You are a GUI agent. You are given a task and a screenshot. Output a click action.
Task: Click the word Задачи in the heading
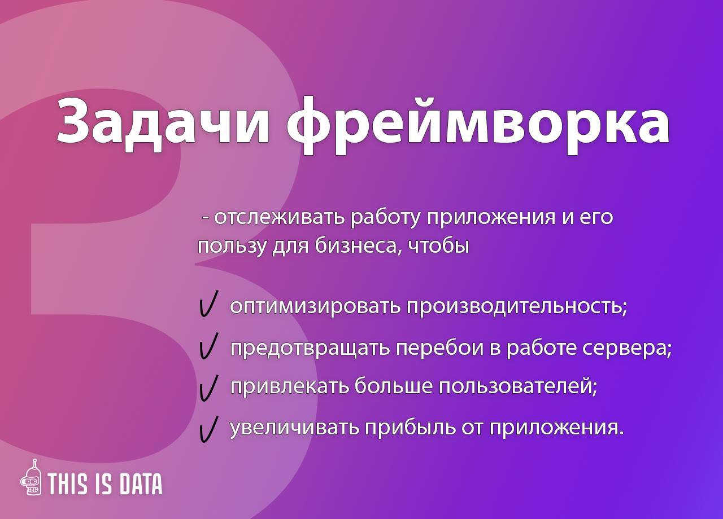[x=163, y=124]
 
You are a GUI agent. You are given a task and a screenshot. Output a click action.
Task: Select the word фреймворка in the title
[x=478, y=126]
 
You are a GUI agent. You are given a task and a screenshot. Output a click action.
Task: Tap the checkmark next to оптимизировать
[x=209, y=304]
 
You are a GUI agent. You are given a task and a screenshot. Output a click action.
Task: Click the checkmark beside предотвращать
[x=209, y=346]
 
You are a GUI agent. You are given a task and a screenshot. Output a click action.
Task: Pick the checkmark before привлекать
[x=209, y=388]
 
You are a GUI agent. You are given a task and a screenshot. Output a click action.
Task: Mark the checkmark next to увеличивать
[x=209, y=429]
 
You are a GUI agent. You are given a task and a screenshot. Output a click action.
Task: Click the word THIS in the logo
[x=67, y=484]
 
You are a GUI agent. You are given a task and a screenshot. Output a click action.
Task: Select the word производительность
[x=516, y=306]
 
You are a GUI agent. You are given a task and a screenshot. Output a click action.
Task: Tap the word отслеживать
[x=280, y=218]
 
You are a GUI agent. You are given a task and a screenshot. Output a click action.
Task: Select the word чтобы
[x=439, y=247]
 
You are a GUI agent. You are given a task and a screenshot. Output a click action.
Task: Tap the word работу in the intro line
[x=386, y=218]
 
